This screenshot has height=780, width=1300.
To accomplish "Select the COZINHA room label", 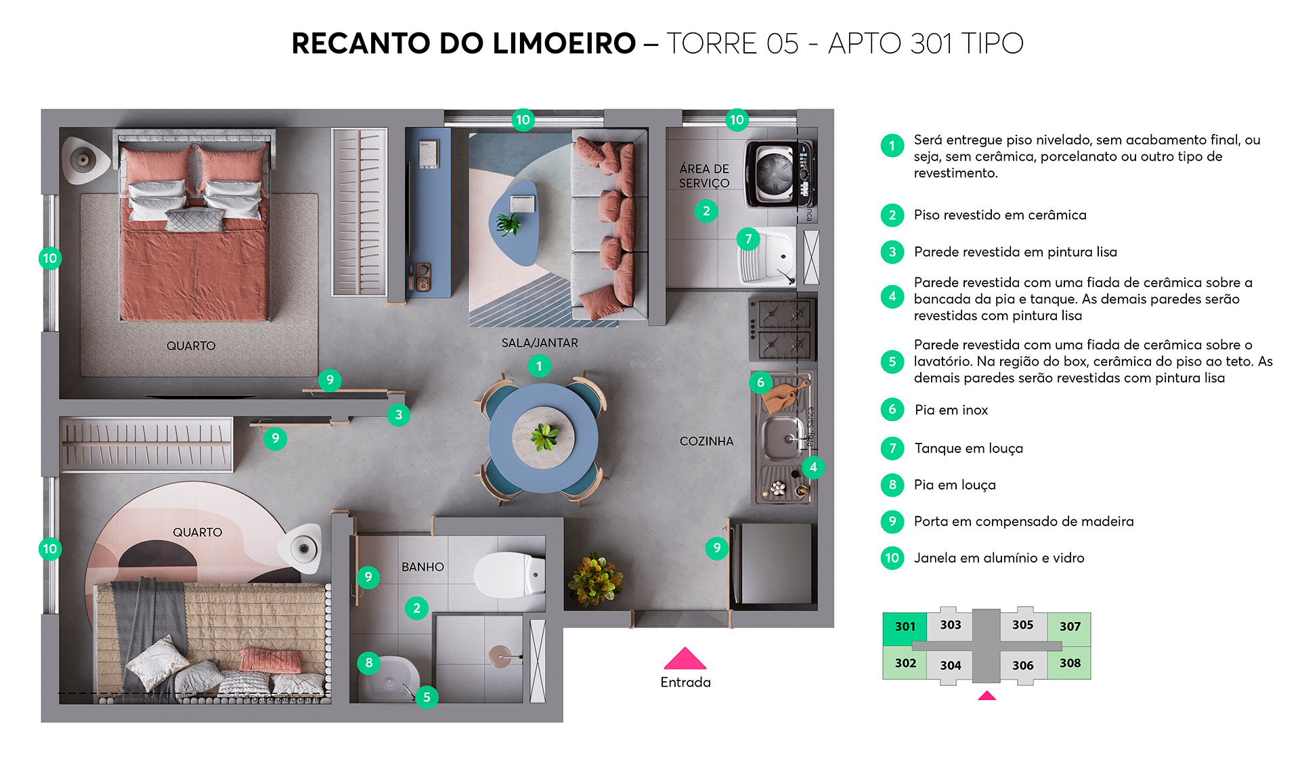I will tap(706, 441).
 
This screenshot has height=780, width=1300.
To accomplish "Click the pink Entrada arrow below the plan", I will tap(685, 659).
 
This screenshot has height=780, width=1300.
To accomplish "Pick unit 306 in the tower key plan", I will tap(1022, 665).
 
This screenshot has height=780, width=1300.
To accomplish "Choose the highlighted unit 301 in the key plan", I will tap(905, 627).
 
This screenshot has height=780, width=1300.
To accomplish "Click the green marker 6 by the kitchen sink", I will tap(760, 383).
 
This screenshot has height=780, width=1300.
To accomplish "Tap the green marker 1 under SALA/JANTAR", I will tap(539, 366).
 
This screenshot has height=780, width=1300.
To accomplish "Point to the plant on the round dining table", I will tap(544, 437).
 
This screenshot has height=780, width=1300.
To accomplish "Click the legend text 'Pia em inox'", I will tap(951, 410).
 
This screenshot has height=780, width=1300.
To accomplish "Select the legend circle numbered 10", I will tap(892, 558).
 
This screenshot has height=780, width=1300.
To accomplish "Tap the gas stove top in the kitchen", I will tap(783, 330).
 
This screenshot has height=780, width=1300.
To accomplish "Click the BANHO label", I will tap(422, 567).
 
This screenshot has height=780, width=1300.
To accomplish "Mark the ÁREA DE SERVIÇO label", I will tap(704, 176).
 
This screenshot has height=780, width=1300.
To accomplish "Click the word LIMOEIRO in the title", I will tap(564, 43).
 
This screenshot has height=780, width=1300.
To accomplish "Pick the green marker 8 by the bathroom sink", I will tap(368, 662).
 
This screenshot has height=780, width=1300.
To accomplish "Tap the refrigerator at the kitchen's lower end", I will tap(776, 563).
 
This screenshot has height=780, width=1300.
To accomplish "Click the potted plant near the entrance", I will tap(594, 579).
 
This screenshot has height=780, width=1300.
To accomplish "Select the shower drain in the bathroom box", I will tap(500, 655).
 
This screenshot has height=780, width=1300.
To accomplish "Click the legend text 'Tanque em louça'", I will tap(968, 448).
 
